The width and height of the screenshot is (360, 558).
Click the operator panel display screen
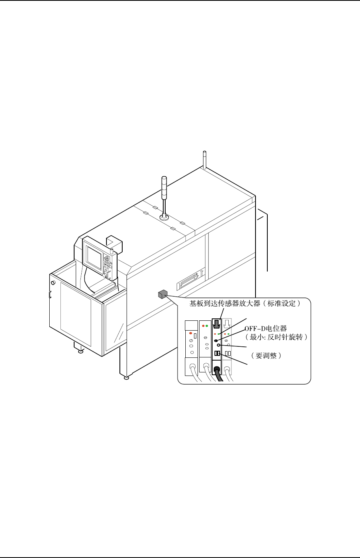(x=94, y=259)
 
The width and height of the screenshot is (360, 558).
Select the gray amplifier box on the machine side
(x=162, y=294)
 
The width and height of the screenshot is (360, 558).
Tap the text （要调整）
(x=265, y=355)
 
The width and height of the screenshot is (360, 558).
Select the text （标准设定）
(x=282, y=304)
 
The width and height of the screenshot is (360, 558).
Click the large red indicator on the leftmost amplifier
(x=190, y=333)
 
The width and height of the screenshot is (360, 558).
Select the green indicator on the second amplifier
(x=207, y=326)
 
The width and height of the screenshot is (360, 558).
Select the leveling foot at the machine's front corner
(x=126, y=378)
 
